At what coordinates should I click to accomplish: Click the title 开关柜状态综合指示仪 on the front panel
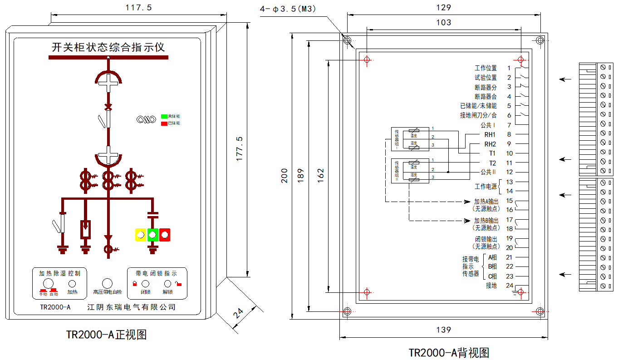[x=108, y=48]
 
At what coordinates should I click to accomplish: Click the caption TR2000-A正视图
[x=107, y=335]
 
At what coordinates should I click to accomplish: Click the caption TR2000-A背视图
[x=449, y=352]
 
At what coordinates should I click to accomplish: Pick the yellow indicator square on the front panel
[x=140, y=235]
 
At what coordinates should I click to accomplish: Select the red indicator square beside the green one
[x=164, y=235]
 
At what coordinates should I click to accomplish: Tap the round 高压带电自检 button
[x=107, y=284]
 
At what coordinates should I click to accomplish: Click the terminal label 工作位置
[x=486, y=68]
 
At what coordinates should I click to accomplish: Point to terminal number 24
[x=510, y=286]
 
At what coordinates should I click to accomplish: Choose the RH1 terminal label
[x=490, y=134]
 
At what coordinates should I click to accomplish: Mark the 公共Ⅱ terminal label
[x=489, y=172]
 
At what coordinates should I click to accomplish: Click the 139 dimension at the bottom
[x=444, y=330]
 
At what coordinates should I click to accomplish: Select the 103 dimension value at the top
[x=444, y=22]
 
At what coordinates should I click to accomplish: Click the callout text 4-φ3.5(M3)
[x=288, y=9]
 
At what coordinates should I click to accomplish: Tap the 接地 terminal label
[x=491, y=286]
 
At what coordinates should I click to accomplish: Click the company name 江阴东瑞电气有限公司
[x=131, y=307]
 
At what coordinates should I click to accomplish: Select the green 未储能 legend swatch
[x=164, y=117]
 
